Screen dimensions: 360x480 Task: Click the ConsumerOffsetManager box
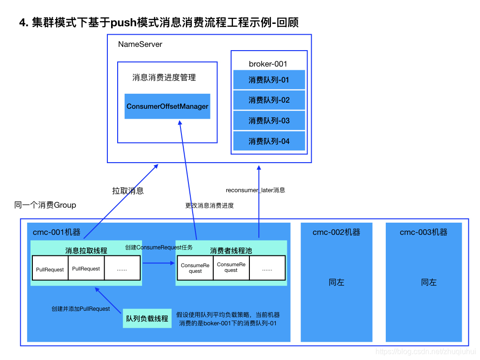(167, 106)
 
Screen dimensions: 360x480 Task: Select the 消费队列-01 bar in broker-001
(269, 80)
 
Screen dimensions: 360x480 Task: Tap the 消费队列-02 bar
(269, 100)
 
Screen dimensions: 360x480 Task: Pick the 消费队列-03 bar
(269, 121)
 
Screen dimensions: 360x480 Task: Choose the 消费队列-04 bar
(269, 141)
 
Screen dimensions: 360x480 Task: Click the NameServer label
(140, 45)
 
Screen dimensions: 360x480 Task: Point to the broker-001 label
(268, 64)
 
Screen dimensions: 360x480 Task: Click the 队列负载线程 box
(147, 319)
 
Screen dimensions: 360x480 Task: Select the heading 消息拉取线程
(86, 251)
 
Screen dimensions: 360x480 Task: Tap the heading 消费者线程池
(231, 251)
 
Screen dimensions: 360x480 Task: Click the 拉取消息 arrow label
(128, 191)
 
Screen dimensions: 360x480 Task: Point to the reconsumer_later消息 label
(255, 190)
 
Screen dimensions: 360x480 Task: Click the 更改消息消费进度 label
(210, 206)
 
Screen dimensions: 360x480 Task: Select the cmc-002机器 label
(337, 232)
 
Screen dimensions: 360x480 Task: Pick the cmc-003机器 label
(424, 232)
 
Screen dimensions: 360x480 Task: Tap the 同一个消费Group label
(45, 205)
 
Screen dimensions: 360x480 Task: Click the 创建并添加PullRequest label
(81, 309)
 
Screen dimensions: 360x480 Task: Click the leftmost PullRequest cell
(50, 270)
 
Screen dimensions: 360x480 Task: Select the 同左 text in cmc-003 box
(428, 283)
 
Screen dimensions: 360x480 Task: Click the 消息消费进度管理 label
(165, 78)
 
